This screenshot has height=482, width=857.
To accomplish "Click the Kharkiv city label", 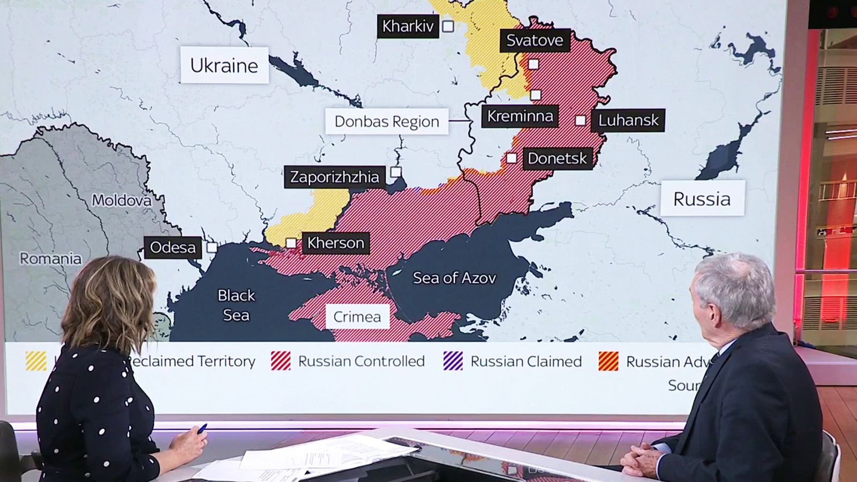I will tap(408, 26).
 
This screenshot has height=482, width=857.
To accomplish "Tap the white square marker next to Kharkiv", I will tap(448, 26).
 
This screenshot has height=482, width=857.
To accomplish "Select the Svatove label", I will tap(535, 40).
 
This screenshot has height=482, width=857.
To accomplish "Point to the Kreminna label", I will tap(520, 116).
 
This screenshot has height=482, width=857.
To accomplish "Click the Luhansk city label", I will tap(628, 120).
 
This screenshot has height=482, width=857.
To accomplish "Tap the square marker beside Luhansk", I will tap(580, 120).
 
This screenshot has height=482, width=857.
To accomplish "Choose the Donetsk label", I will tap(557, 158).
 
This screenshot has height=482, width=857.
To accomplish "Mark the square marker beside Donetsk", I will tap(512, 158).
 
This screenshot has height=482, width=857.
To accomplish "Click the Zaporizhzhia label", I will tap(334, 177).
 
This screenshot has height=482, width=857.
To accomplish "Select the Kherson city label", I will tap(335, 243).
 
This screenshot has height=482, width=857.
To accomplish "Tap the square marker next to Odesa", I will tap(212, 247).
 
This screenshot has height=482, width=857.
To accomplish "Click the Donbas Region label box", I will tap(387, 122).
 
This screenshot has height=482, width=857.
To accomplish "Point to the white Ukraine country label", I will tap(224, 65).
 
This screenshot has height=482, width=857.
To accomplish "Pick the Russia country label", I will tap(702, 199).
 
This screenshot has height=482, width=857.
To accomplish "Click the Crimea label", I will tap(357, 317).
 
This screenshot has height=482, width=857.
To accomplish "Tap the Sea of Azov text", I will tap(454, 277).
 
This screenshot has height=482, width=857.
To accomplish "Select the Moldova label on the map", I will tap(122, 200).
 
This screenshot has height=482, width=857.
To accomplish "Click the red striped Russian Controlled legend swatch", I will tap(281, 361).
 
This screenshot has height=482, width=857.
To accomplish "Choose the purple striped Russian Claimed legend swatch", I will tap(453, 361).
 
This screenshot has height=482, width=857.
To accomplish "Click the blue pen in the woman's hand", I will tap(202, 428).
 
